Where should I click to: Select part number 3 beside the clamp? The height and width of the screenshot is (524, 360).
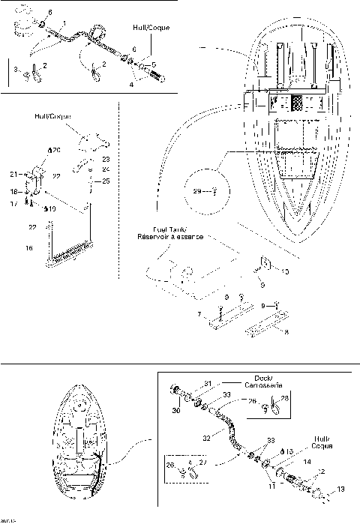(18, 70)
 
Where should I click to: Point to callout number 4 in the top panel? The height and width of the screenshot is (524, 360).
(131, 85)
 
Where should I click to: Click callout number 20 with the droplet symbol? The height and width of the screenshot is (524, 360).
(55, 151)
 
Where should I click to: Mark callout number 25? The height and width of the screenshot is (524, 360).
(105, 181)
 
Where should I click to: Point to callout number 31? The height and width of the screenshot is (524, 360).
(209, 384)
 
